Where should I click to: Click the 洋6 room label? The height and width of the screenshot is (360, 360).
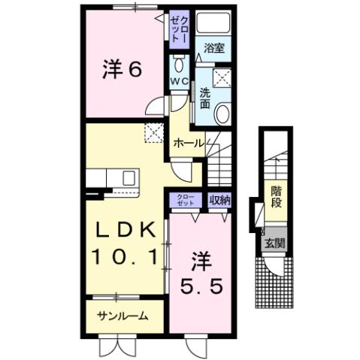coord(121,71)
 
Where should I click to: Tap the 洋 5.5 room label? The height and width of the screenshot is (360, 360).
coord(201,274)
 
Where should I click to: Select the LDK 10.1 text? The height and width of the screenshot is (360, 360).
coord(126,244)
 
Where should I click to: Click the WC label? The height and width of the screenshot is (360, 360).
coord(178,80)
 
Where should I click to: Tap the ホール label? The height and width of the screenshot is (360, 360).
coord(189,141)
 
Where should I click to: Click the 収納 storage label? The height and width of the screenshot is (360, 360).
coord(220,200)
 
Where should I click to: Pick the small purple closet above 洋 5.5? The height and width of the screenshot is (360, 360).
coord(186,199)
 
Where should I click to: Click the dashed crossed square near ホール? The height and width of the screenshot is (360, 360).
coord(154,132)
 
